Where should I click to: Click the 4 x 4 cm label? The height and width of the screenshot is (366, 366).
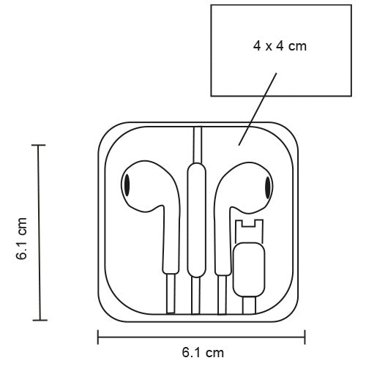pyautogui.click(x=280, y=46)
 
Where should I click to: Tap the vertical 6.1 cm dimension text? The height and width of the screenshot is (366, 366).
pyautogui.click(x=21, y=239)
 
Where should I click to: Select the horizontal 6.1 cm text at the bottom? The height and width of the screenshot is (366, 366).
pyautogui.click(x=203, y=353)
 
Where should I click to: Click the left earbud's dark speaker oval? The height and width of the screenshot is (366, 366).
pyautogui.click(x=127, y=185)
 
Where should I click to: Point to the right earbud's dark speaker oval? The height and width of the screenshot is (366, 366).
pyautogui.click(x=268, y=187)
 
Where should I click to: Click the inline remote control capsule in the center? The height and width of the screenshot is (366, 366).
pyautogui.click(x=196, y=220)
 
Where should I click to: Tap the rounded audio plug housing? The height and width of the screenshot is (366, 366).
pyautogui.click(x=249, y=269)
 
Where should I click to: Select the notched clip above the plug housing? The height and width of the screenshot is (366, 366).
pyautogui.click(x=249, y=231)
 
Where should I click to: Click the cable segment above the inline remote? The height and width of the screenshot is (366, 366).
pyautogui.click(x=198, y=145)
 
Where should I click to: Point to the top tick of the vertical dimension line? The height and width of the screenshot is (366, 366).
pyautogui.click(x=38, y=145)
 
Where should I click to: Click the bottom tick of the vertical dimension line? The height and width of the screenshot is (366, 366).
pyautogui.click(x=40, y=320)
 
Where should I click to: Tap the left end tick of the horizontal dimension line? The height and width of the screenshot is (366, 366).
pyautogui.click(x=98, y=337)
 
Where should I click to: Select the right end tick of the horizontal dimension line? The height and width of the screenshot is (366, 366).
pyautogui.click(x=305, y=337)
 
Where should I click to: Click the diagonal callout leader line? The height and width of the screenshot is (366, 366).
pyautogui.click(x=258, y=109)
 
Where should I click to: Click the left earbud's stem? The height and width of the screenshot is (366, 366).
pyautogui.click(x=171, y=240)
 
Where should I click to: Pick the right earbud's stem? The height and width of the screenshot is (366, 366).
pyautogui.click(x=223, y=242)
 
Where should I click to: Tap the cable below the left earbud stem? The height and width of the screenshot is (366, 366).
pyautogui.click(x=171, y=294)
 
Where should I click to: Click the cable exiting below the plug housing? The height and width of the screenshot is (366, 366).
pyautogui.click(x=249, y=305)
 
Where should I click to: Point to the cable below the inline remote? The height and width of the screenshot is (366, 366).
pyautogui.click(x=195, y=296)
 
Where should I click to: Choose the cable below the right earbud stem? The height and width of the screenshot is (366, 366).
pyautogui.click(x=222, y=295)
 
